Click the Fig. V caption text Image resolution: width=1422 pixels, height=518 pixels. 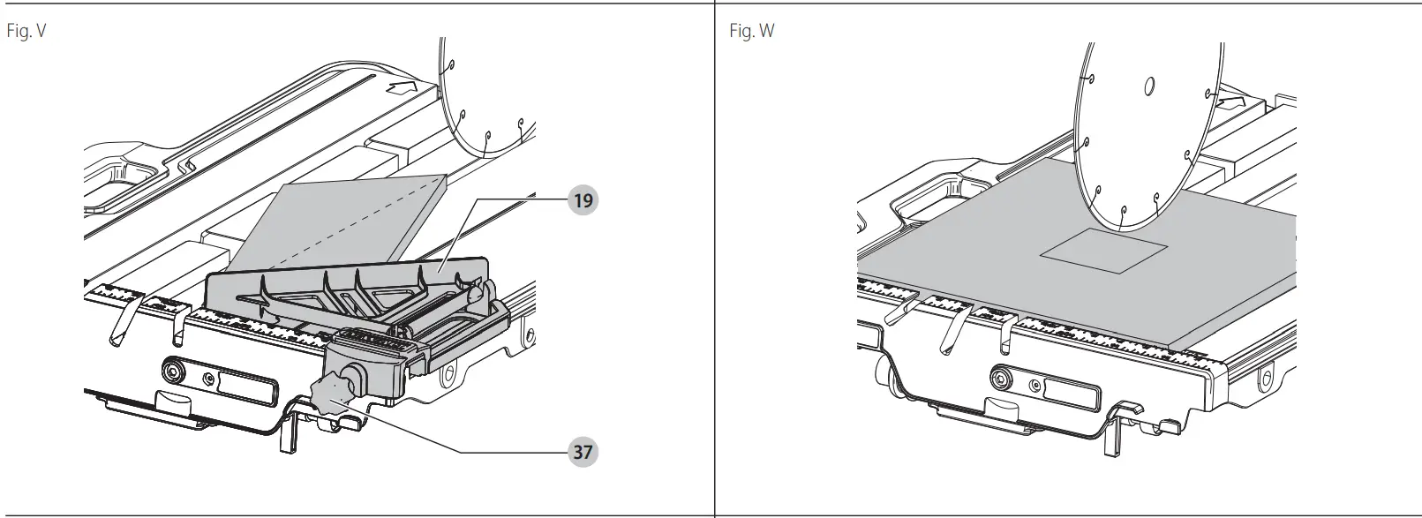point(26,32)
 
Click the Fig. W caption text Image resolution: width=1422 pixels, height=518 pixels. point(751,32)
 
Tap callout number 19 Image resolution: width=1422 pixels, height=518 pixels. point(583,199)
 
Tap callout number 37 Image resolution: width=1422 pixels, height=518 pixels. point(583,452)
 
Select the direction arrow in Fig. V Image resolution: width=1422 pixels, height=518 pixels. point(401,87)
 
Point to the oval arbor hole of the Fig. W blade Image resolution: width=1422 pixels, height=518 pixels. point(1149,86)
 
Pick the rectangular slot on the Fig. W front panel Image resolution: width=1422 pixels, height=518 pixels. point(1065,391)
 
